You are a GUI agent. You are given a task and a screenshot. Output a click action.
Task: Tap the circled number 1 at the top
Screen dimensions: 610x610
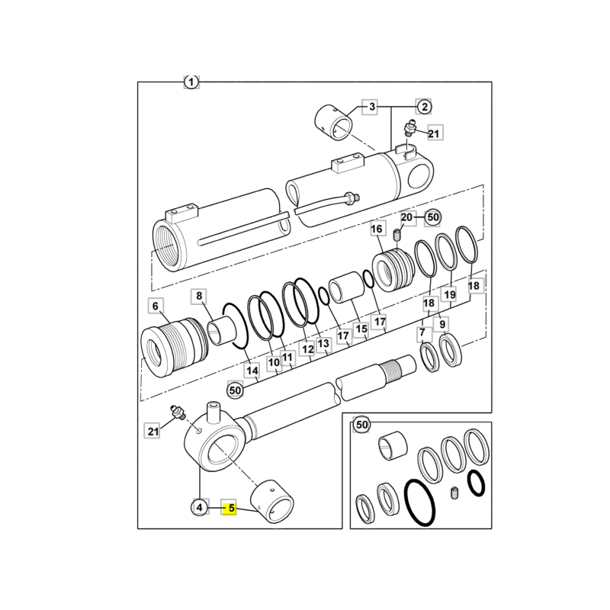pyautogui.click(x=191, y=82)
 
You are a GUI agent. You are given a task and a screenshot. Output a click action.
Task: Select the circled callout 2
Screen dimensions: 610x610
pyautogui.click(x=425, y=107)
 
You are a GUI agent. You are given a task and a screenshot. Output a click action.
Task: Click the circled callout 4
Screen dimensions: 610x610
pyautogui.click(x=199, y=507)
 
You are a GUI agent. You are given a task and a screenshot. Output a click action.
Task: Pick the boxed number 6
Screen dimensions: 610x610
pyautogui.click(x=156, y=307)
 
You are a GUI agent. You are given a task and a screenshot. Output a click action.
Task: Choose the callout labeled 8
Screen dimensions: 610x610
pyautogui.click(x=199, y=296)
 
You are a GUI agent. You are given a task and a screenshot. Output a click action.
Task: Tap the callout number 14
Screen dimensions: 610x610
pyautogui.click(x=252, y=371)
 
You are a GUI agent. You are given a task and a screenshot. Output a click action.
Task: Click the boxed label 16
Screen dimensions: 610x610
pyautogui.click(x=377, y=229)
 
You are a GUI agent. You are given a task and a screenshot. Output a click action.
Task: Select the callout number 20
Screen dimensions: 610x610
pyautogui.click(x=407, y=217)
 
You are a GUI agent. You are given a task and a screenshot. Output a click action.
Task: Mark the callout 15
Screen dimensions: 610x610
pyautogui.click(x=361, y=329)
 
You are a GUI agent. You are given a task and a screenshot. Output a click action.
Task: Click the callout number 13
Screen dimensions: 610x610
pyautogui.click(x=323, y=343)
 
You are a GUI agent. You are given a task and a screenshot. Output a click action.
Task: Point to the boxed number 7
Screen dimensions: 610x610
pyautogui.click(x=423, y=332)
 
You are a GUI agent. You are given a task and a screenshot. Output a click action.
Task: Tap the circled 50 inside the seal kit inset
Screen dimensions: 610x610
pyautogui.click(x=361, y=425)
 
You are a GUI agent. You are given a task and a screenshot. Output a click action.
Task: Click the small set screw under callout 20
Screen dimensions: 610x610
pyautogui.click(x=396, y=235)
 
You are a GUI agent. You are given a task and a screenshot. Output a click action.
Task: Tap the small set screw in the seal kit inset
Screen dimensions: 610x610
pyautogui.click(x=454, y=493)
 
